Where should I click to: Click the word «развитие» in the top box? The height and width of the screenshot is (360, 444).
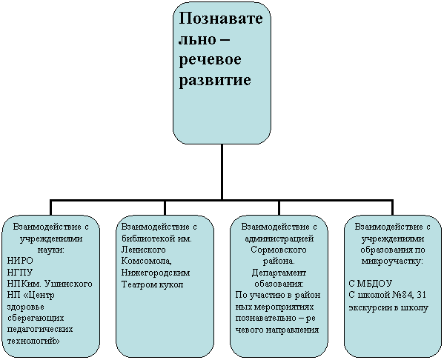pyautogui.click(x=215, y=81)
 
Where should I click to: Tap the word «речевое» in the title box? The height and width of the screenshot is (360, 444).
pyautogui.click(x=210, y=60)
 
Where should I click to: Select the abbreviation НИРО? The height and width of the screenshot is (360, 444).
pyautogui.click(x=20, y=261)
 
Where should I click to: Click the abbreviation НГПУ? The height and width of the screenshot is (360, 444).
pyautogui.click(x=20, y=273)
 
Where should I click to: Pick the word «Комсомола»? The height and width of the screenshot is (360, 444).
pyautogui.click(x=147, y=261)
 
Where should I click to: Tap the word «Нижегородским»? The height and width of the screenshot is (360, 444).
pyautogui.click(x=156, y=273)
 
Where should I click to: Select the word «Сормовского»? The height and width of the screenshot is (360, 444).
pyautogui.click(x=279, y=250)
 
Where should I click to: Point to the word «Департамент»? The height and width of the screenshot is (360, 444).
pyautogui.click(x=279, y=273)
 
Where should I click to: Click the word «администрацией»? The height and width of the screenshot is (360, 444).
pyautogui.click(x=279, y=239)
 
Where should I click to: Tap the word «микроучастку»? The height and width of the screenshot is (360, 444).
pyautogui.click(x=392, y=261)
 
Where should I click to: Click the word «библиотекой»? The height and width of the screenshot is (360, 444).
pyautogui.click(x=146, y=239)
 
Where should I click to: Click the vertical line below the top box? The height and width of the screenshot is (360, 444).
pyautogui.click(x=222, y=172)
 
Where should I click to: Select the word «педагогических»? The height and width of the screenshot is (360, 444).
pyautogui.click(x=40, y=330)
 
